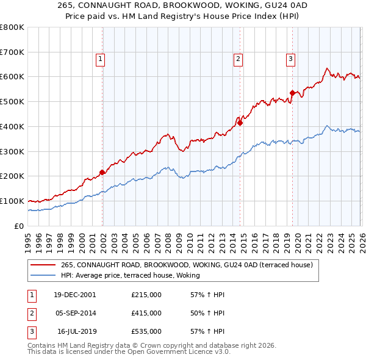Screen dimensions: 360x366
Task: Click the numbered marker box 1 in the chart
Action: [100, 59]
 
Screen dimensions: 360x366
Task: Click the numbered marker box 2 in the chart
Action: [238, 59]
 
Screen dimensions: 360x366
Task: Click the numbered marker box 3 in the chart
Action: [290, 59]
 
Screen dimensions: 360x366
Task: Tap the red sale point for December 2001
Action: [102, 172]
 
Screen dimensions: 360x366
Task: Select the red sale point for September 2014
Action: [240, 123]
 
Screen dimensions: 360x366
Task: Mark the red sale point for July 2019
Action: [292, 93]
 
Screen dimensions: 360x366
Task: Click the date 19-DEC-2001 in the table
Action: [74, 294]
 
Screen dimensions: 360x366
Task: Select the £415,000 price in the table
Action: [146, 313]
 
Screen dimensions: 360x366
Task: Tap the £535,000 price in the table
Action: [146, 332]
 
